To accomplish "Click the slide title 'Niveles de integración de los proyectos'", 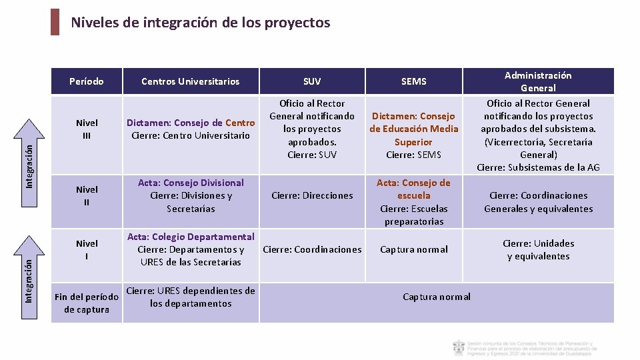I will coord(200,23).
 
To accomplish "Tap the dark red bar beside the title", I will coord(55,22).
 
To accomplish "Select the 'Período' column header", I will coord(87,81).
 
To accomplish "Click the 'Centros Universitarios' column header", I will coord(190,81).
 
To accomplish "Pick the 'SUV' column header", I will coord(312,81).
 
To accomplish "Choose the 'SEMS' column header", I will coord(413,81).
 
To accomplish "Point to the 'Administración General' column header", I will coord(538,81).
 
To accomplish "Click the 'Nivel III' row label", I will coord(87,129).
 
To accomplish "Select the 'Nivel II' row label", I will coord(87,195).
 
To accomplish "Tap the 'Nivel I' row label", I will coord(87,249).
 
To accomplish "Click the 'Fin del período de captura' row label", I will coord(87,303).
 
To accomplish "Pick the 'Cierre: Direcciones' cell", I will coord(312,195).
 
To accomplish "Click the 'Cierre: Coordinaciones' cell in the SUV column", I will coord(312,249).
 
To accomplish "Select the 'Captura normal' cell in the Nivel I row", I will coord(413,249).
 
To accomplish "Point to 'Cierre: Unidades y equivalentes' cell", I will coord(538,249).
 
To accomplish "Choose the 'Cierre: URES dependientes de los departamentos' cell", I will coord(191,297).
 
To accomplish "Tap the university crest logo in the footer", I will coord(459,347).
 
